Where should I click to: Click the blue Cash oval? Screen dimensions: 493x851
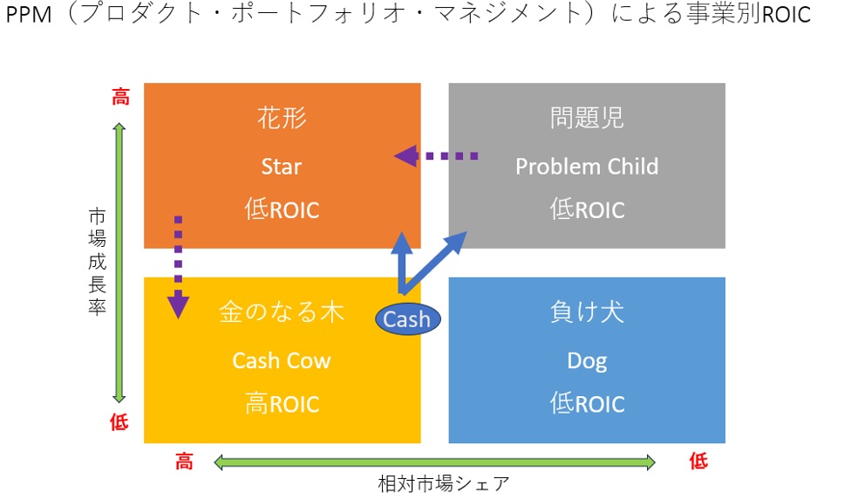coord(407,319)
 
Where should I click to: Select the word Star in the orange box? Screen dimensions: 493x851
coord(281,166)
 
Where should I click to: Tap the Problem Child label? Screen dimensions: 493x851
coord(587,166)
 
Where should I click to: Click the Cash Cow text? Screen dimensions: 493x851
coord(281,360)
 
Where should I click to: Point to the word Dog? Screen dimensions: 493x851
coord(587,360)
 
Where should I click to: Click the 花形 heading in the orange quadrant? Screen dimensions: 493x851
coord(282,119)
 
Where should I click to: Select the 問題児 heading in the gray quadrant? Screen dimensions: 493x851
coord(587,119)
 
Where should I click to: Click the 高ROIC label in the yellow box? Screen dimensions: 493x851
coord(281,405)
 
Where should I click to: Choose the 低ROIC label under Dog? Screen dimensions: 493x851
coord(587,405)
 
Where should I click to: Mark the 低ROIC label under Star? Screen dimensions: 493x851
coord(281,210)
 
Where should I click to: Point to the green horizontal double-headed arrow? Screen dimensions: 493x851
coord(433,462)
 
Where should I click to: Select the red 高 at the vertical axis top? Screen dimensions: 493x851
coord(119,97)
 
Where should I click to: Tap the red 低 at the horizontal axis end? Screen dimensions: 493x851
coord(698,462)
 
